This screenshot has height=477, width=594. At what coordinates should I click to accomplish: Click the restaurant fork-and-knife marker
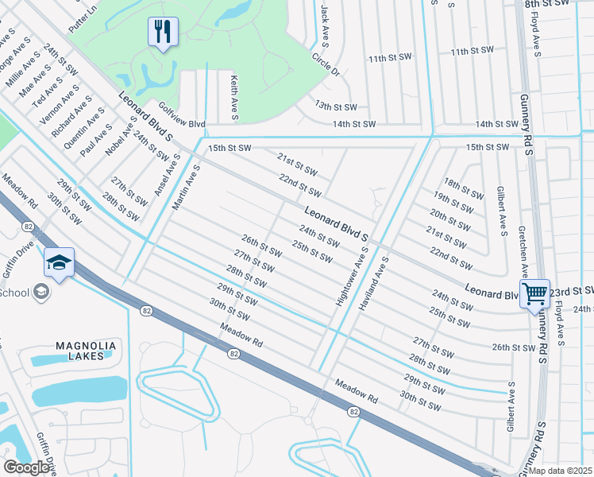tap(163, 33)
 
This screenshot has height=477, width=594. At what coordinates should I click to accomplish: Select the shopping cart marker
tap(534, 293)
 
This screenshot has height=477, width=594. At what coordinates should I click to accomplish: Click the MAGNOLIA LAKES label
tap(87, 351)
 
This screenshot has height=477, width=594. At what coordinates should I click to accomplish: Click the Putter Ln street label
tap(83, 17)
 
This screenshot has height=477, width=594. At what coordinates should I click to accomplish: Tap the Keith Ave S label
tap(234, 98)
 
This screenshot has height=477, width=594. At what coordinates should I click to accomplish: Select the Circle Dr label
tap(325, 65)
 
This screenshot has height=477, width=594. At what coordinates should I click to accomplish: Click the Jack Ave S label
tap(325, 24)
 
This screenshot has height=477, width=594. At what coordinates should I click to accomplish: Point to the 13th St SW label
tap(336, 106)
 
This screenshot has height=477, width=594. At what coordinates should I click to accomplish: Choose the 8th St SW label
tap(548, 4)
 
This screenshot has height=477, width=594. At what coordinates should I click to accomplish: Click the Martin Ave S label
tap(185, 183)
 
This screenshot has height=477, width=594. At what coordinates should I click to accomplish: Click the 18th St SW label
tap(463, 188)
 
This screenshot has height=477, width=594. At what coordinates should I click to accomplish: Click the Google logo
tap(26, 467)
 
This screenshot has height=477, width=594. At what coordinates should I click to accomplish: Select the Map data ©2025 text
tap(560, 471)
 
